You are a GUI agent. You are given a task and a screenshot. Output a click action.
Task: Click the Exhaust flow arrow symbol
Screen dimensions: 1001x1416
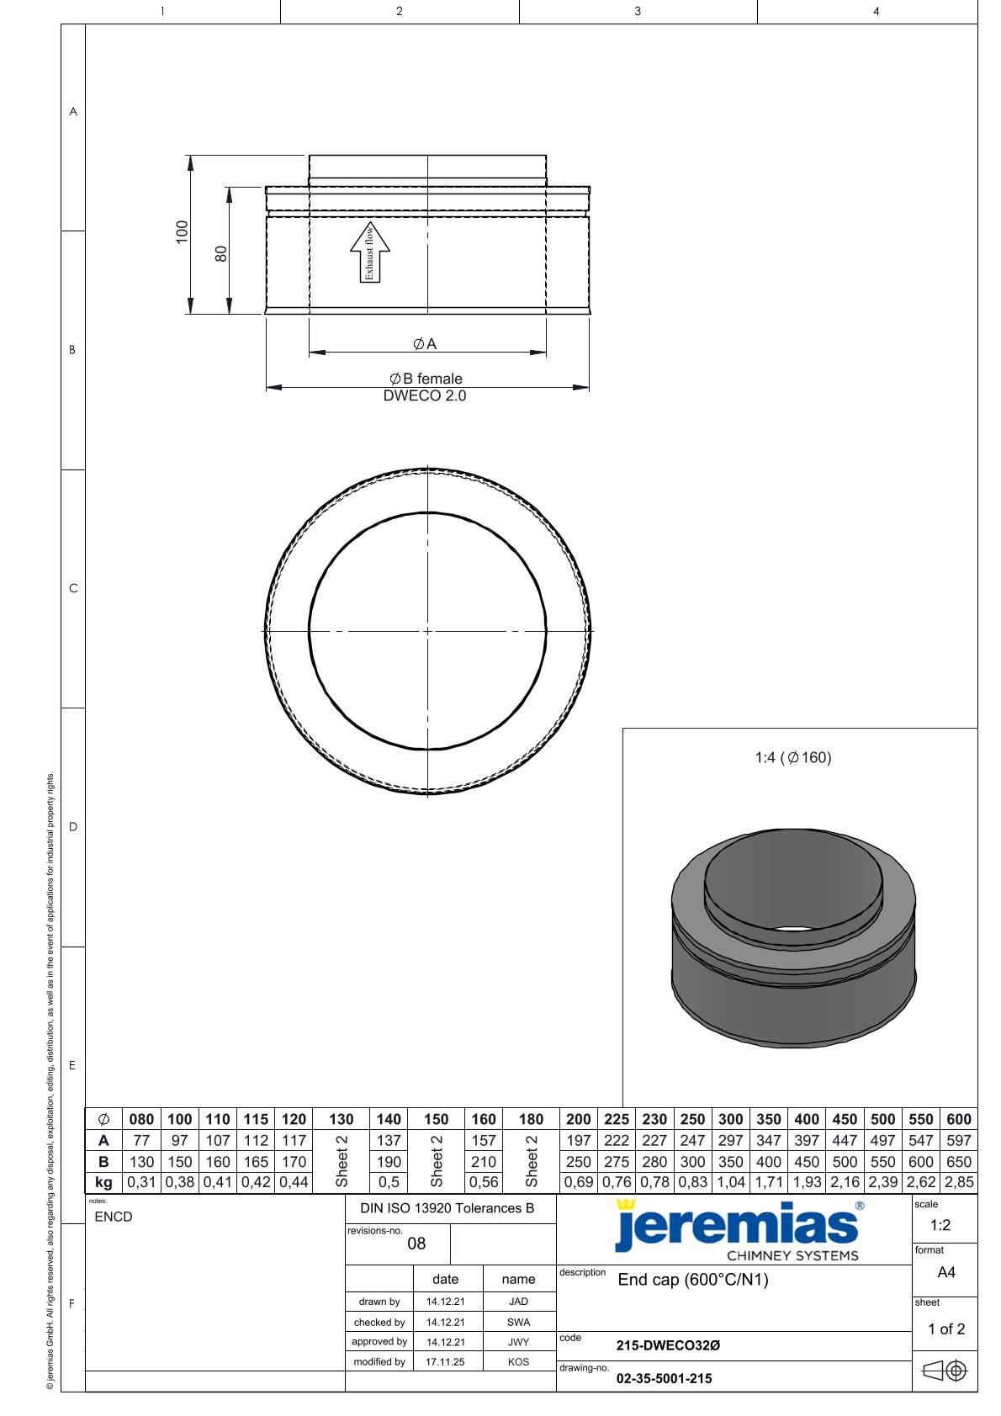tap(370, 252)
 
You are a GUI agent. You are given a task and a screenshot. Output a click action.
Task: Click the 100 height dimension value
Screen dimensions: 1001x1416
tap(182, 232)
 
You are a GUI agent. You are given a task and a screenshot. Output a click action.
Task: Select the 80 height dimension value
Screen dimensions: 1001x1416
tap(220, 254)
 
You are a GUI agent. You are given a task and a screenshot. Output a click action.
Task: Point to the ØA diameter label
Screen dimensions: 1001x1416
tap(425, 344)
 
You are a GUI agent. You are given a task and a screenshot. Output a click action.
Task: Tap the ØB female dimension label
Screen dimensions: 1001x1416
tap(426, 379)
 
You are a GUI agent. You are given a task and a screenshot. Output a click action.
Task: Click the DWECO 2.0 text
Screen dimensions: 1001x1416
tap(425, 395)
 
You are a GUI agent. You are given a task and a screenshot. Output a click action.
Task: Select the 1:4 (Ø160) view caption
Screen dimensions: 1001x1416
tap(793, 757)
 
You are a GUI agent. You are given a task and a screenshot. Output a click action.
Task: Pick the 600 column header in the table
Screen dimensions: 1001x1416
tap(959, 1120)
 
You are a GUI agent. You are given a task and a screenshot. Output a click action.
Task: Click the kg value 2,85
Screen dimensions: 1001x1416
tap(959, 1182)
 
